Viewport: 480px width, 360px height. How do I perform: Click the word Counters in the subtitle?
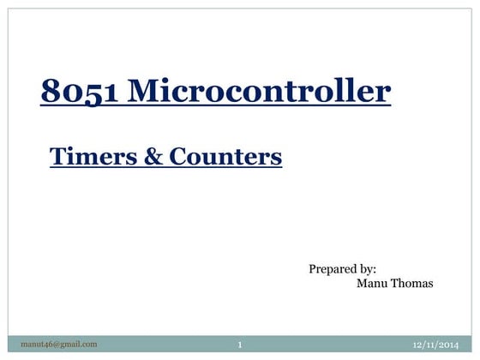point(225,156)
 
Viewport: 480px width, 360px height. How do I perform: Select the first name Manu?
point(371,284)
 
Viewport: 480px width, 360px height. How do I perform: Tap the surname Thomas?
point(412,284)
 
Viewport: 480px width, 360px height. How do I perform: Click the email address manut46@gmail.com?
point(60,345)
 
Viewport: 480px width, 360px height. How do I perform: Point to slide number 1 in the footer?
point(241,345)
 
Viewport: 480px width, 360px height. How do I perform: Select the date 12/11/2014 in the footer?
point(435,345)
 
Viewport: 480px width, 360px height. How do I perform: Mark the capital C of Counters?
point(177,156)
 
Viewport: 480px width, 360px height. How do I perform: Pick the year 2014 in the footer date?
point(446,345)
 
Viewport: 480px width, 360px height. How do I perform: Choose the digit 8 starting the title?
point(49,92)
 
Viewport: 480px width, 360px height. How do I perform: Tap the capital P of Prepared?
point(312,269)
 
